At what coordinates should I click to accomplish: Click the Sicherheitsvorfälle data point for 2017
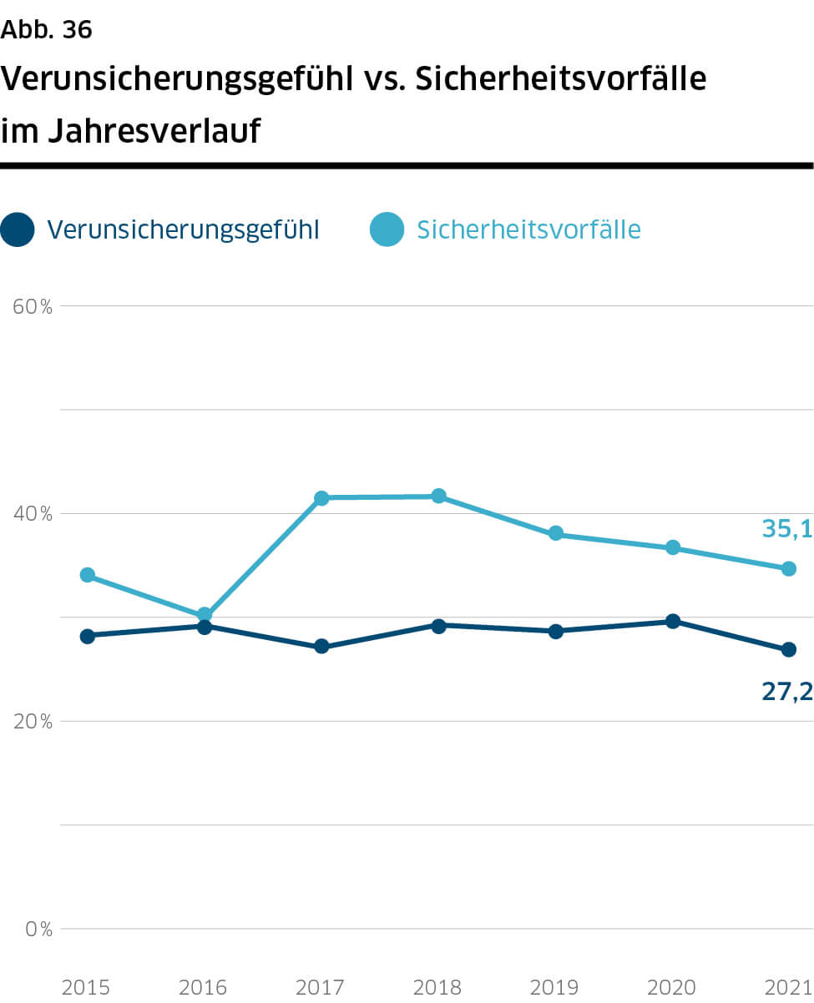321,498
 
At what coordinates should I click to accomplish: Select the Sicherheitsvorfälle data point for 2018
438,496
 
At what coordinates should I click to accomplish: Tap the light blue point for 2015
87,575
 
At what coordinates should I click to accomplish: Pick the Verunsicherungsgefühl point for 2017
321,647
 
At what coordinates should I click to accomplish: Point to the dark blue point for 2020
673,621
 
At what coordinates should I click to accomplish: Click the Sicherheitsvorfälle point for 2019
556,534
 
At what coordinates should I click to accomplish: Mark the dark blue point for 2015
87,636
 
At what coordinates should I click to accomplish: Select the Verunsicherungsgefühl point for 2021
788,650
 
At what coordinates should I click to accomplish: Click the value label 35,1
786,528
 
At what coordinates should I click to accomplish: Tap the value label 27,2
786,691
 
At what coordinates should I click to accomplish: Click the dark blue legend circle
18,229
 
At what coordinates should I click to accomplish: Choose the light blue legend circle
387,229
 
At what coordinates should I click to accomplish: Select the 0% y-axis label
38,929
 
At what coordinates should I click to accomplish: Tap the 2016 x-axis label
204,988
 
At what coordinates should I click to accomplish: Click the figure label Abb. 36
47,30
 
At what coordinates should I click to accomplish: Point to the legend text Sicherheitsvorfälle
528,229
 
